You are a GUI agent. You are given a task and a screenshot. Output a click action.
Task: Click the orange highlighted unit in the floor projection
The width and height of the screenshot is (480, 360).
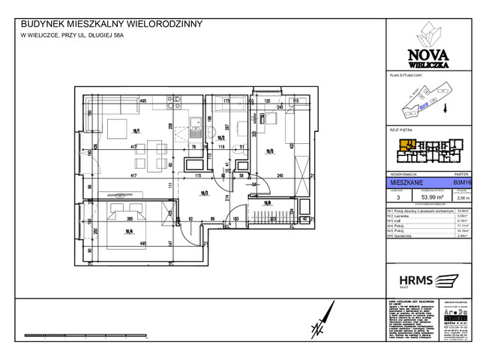click(x=406, y=144)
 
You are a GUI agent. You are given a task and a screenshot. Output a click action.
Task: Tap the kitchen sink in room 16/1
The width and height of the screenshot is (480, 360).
click(x=194, y=122)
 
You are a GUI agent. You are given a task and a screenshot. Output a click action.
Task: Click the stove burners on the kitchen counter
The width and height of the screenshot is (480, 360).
click(x=194, y=134)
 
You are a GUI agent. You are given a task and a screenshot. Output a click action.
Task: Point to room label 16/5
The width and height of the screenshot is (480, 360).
click(x=269, y=150)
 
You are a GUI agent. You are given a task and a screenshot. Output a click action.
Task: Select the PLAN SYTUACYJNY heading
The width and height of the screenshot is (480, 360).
click(x=407, y=76)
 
